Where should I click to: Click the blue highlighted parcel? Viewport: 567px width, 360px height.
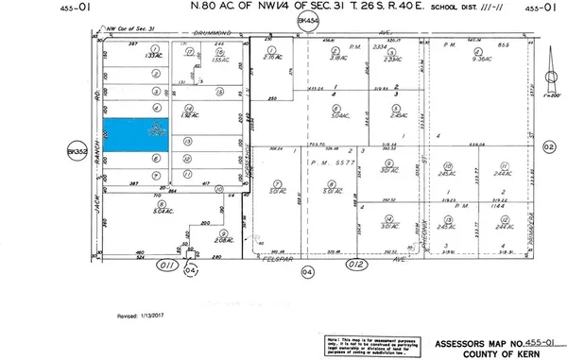pyautogui.click(x=134, y=134)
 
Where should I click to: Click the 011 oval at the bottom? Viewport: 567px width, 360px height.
pyautogui.click(x=169, y=266)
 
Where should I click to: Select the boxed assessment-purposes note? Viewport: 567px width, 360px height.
pyautogui.click(x=368, y=344)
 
